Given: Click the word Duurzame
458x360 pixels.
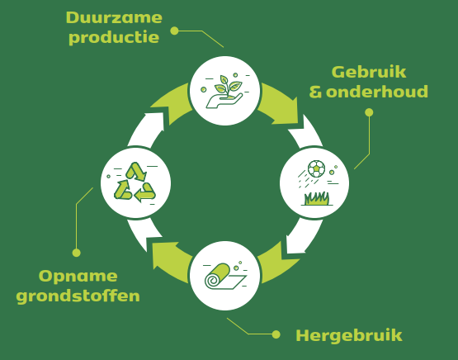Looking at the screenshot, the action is pos(114,17).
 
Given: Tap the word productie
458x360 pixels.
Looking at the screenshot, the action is pos(114,38).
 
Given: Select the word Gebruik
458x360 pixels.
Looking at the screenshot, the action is pos(369,72).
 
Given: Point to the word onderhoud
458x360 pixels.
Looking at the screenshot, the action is pos(377,92).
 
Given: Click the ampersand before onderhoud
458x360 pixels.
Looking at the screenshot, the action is pos(315,92).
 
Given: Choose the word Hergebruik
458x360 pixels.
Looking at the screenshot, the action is pos(349,336).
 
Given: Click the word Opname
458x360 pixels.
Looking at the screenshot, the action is pos(78,277).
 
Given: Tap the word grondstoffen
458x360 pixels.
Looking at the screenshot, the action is pos(78,296).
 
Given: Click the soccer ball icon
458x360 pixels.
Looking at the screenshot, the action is pos(316,168).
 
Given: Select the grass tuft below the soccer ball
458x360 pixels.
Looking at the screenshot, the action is pos(317,199).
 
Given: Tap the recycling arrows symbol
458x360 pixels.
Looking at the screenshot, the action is pos(135,182).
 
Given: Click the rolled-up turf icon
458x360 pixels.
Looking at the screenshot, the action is pos(225,277).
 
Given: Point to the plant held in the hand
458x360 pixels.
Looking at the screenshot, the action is pos(228,86).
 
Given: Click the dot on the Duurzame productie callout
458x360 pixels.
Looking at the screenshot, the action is pos(174,31).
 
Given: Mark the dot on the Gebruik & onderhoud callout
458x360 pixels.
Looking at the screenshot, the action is pos(369,112).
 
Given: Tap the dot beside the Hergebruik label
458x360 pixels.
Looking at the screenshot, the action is pos(276,334).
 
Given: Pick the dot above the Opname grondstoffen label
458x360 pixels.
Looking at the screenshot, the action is pos(76,253).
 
